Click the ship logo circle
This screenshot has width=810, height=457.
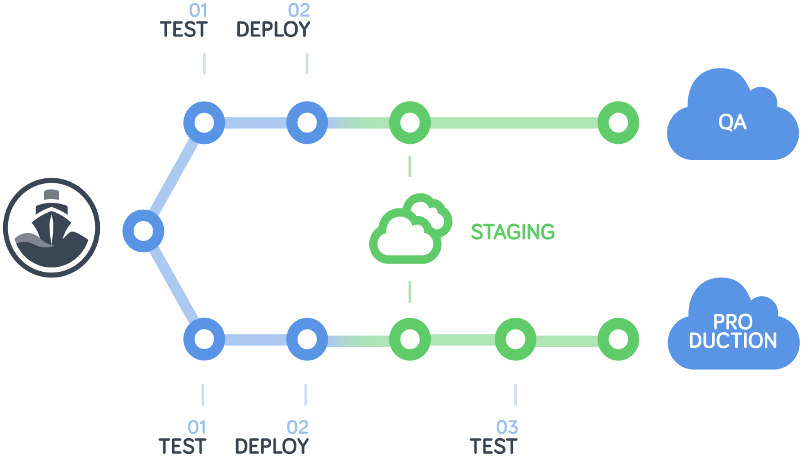click(x=51, y=228)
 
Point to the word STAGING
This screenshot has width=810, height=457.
click(x=513, y=232)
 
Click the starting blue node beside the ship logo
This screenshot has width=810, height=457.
click(x=143, y=230)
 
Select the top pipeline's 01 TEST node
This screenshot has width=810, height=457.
click(x=204, y=122)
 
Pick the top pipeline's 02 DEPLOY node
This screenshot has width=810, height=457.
click(x=307, y=122)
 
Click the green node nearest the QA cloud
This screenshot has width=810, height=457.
click(x=618, y=122)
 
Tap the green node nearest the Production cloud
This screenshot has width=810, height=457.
click(x=618, y=339)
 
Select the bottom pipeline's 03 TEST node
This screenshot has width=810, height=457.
click(x=516, y=339)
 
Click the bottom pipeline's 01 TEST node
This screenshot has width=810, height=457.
click(x=204, y=339)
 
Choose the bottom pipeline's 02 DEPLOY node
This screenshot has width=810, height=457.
click(x=307, y=339)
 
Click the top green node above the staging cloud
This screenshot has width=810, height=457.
click(x=409, y=122)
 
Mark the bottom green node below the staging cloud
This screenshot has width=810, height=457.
click(x=409, y=339)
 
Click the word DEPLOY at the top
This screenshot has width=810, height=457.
click(x=273, y=30)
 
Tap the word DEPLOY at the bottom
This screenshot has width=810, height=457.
click(x=272, y=446)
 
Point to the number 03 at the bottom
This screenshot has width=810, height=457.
click(x=507, y=427)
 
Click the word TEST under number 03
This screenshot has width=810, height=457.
click(x=494, y=446)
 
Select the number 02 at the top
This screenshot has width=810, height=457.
click(x=299, y=10)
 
